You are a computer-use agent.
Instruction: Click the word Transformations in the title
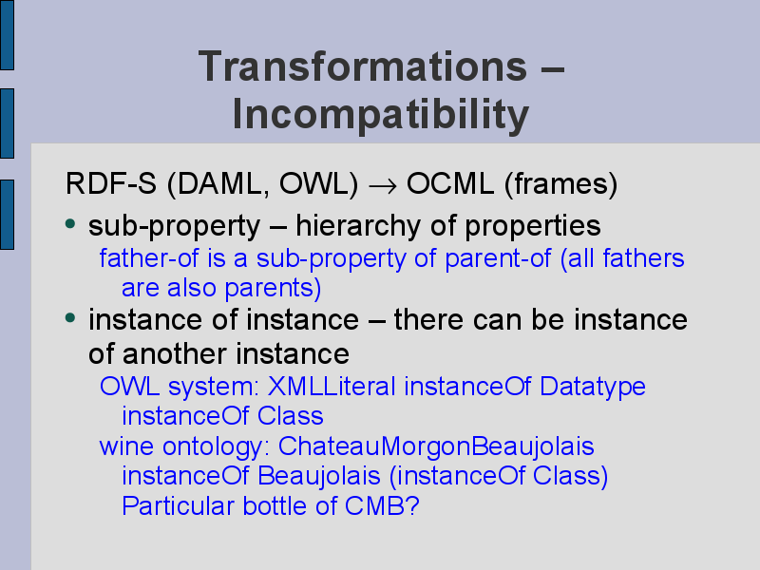point(363,66)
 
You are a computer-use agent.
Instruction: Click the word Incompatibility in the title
point(381,115)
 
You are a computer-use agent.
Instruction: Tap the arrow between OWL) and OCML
point(383,185)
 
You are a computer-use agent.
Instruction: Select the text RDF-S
point(111,183)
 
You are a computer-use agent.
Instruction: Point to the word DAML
point(218,184)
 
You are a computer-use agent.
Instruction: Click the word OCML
point(450,183)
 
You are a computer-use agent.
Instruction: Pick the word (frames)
point(561,184)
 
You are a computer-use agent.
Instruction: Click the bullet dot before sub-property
point(70,224)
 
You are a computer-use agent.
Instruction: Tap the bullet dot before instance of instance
point(70,318)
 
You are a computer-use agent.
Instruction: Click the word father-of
point(149,257)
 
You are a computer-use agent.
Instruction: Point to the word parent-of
point(498,258)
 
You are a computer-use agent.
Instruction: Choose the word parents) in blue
point(273,289)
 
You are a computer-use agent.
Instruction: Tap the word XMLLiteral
point(332,387)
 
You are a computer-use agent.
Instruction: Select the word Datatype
point(592,388)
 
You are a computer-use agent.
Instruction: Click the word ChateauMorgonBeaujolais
point(436,446)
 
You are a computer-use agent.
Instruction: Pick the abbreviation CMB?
point(382,506)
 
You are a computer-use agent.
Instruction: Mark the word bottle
point(275,506)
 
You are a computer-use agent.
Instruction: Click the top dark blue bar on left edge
point(7,35)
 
